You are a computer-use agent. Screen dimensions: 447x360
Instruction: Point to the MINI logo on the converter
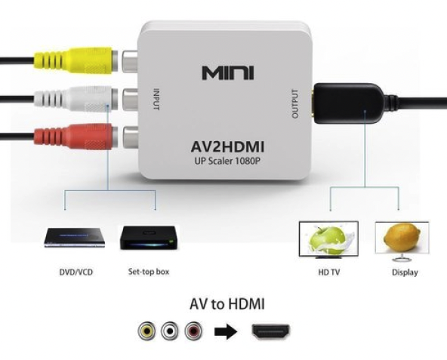[228, 72]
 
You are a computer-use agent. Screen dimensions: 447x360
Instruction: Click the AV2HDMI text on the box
[227, 147]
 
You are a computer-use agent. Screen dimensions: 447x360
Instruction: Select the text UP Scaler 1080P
[228, 162]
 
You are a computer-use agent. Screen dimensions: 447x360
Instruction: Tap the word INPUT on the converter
[156, 99]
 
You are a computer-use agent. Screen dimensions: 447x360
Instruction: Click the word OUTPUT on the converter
[295, 104]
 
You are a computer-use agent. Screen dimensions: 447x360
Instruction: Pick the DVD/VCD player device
[75, 238]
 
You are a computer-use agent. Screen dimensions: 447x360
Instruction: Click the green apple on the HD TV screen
[327, 238]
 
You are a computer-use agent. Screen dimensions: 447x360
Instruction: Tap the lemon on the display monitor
[402, 235]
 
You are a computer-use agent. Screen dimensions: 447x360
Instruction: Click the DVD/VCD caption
[76, 272]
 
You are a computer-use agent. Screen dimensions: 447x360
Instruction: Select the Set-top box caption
[149, 272]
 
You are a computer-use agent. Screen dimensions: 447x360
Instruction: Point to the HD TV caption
[329, 272]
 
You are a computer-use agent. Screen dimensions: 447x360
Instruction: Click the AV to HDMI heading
[227, 304]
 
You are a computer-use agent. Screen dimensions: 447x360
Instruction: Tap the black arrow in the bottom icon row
[226, 331]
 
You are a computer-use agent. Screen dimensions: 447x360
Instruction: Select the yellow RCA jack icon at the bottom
[147, 331]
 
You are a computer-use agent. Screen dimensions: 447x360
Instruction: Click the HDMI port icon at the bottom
[271, 331]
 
